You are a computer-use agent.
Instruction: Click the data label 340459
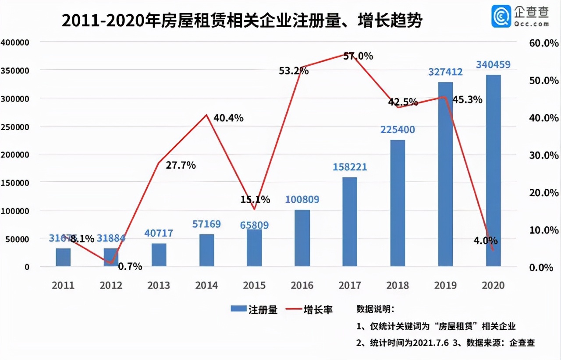click(493, 65)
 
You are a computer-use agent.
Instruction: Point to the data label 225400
click(398, 130)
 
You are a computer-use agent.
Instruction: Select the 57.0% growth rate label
click(358, 56)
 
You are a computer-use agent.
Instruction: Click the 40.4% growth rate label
click(228, 118)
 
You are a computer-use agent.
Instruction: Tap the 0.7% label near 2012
click(131, 266)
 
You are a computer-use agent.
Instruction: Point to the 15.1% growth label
click(255, 200)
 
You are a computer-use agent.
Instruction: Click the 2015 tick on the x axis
click(254, 286)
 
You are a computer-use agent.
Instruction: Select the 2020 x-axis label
click(493, 286)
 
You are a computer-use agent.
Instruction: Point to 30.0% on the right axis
click(544, 155)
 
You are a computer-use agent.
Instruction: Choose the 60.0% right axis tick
click(544, 43)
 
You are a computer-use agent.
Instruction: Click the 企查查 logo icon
click(501, 16)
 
